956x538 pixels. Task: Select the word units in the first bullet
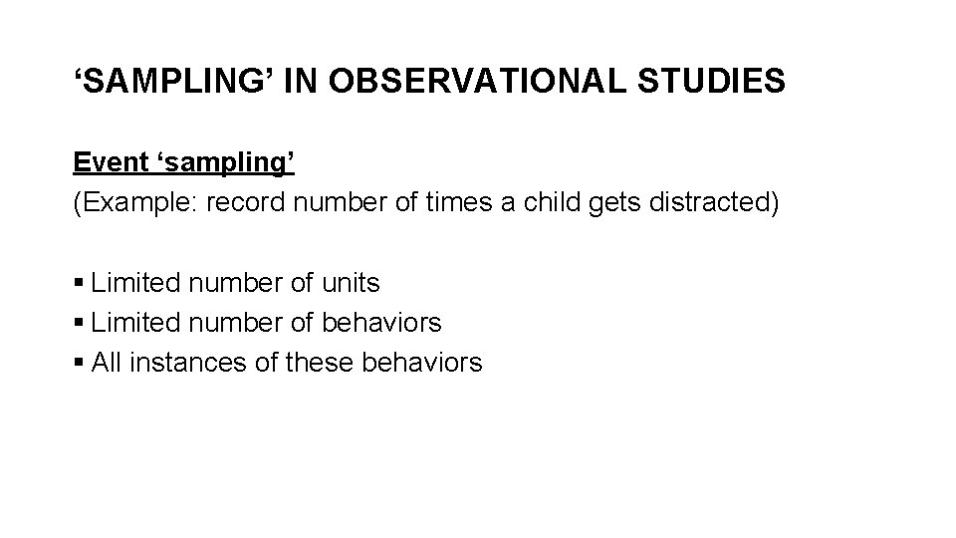click(x=351, y=283)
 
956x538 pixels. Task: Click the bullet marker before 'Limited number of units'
click(x=79, y=284)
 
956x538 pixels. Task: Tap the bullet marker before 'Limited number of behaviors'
click(x=79, y=324)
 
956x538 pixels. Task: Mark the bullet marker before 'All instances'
click(x=79, y=364)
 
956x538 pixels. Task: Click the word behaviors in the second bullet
click(x=381, y=323)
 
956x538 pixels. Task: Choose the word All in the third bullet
click(x=106, y=363)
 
